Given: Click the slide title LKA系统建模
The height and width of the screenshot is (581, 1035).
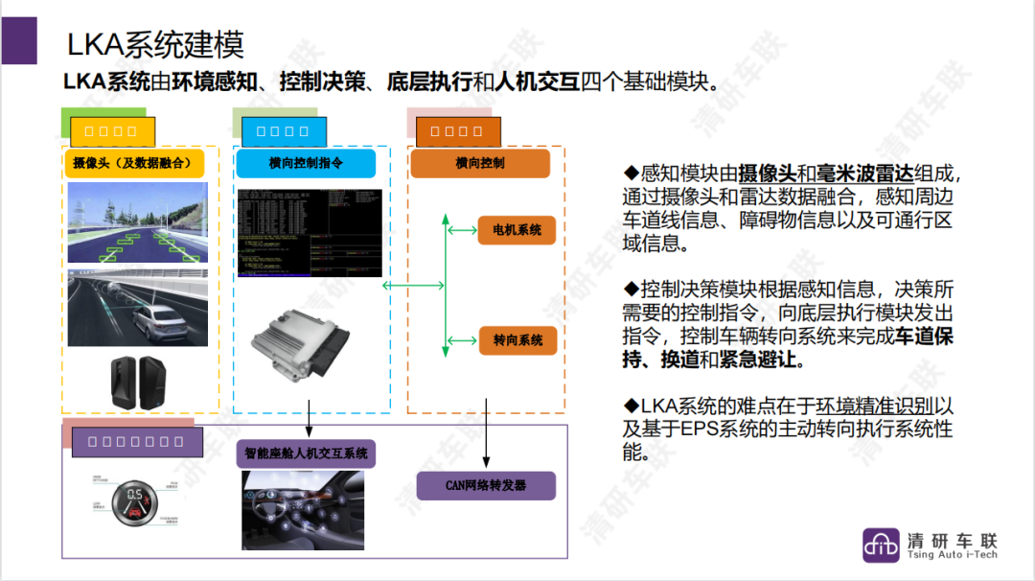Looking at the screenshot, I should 155,44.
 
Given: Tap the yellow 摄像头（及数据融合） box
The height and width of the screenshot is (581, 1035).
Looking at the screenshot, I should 139,163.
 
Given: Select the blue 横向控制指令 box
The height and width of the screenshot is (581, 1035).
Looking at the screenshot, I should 307,163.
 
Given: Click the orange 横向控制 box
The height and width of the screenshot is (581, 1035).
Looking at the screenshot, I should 480,163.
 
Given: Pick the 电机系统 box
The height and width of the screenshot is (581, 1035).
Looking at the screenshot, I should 517,230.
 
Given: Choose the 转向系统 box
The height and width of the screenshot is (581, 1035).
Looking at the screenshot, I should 517,340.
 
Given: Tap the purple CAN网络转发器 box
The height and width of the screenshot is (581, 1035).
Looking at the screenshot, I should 486,485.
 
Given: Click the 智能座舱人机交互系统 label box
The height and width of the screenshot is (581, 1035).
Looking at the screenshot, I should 306,453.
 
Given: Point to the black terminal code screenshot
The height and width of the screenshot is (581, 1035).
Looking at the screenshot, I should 310,233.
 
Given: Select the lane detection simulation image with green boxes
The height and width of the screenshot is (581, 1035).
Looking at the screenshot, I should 138,222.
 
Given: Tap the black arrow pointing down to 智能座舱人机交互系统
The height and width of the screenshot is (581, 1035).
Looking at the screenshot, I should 309,418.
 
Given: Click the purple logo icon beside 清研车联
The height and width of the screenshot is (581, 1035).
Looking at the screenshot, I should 881,545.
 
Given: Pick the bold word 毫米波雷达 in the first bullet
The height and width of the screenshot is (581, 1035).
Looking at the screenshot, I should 856,174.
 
